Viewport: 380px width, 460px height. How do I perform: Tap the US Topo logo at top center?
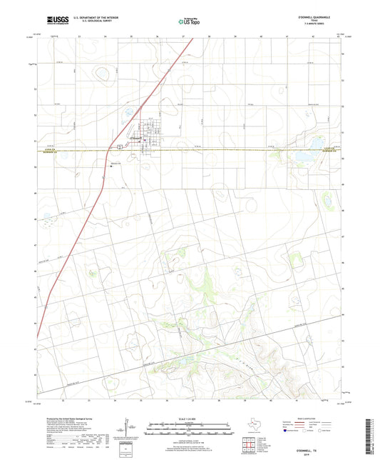click(x=189, y=21)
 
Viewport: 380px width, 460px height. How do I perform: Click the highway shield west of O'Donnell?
click(x=112, y=148)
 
